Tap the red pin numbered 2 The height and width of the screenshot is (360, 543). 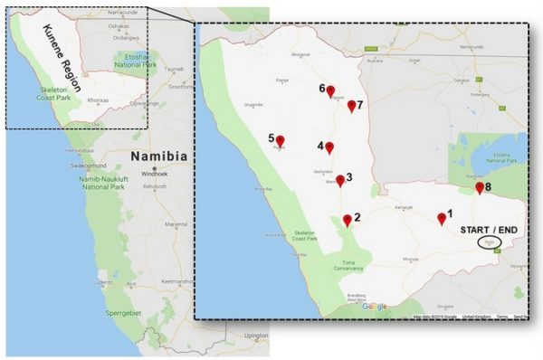[x=348, y=221]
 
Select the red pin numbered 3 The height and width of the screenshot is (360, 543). [x=340, y=181]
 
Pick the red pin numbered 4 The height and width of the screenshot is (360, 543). [x=329, y=147]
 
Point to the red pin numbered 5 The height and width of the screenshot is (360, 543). [x=280, y=140]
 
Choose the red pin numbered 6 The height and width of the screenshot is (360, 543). [x=331, y=90]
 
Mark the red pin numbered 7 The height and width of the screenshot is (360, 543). [x=351, y=106]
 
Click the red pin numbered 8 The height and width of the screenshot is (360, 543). [x=480, y=188]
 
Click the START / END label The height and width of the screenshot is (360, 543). [x=488, y=230]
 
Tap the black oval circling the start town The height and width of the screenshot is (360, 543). [x=488, y=242]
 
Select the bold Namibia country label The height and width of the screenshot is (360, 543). [x=158, y=156]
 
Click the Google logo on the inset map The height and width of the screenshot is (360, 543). [x=374, y=307]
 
